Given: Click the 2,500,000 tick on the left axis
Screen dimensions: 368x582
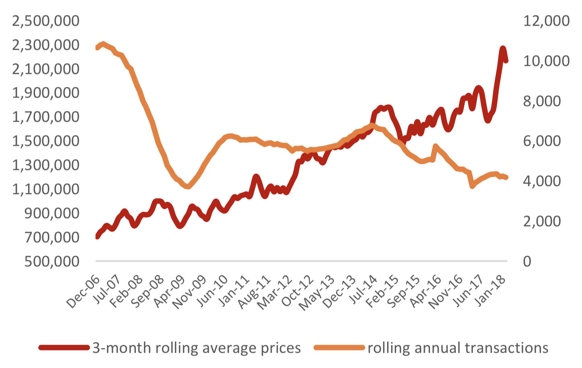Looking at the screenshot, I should [x=45, y=20].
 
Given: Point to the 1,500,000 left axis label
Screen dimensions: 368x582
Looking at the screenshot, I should [x=45, y=141].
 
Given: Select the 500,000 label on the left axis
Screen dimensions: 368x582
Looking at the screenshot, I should [x=52, y=261].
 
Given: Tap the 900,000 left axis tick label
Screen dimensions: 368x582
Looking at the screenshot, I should [x=52, y=213].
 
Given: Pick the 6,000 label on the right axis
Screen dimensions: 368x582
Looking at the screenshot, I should [x=541, y=141].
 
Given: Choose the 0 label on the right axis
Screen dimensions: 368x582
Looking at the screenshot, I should [x=527, y=261].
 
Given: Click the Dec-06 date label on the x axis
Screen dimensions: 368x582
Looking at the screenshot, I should [x=83, y=292].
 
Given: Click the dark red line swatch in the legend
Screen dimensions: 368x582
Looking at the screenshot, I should [x=64, y=348].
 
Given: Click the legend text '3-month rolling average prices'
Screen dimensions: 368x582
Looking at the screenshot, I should [x=197, y=348].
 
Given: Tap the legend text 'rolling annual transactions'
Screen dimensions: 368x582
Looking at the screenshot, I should [x=458, y=348].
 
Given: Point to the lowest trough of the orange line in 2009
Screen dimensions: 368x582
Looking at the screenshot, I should [x=188, y=186].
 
